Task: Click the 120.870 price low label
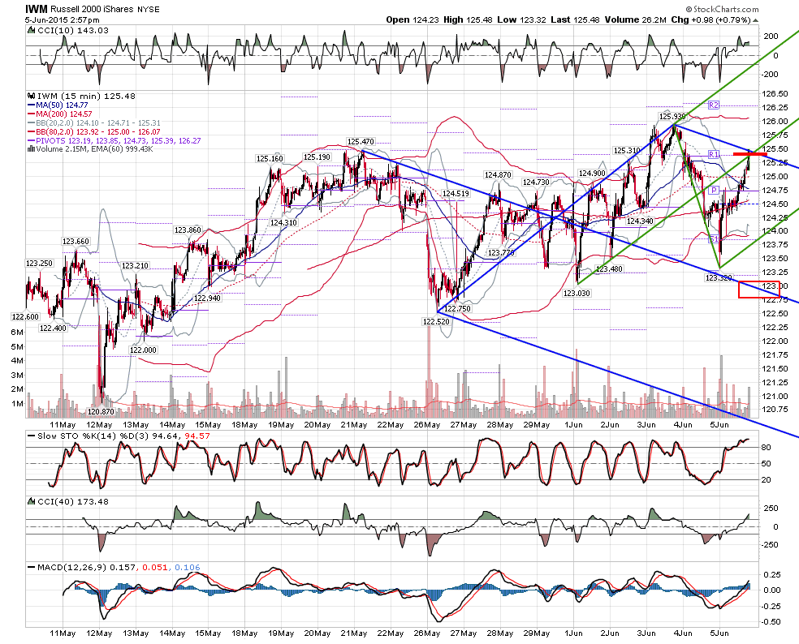(x=101, y=411)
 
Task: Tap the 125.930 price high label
(x=672, y=116)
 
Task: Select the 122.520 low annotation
(x=436, y=321)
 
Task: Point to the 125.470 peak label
(x=361, y=141)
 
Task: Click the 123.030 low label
(x=577, y=294)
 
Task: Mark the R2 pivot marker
(x=714, y=105)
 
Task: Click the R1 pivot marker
(x=714, y=154)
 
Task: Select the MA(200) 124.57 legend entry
(x=60, y=114)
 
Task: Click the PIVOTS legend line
(x=114, y=140)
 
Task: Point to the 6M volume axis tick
(x=17, y=332)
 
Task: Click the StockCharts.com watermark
(x=722, y=9)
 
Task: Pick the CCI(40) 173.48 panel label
(x=73, y=501)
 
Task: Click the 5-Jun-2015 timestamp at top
(x=63, y=19)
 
